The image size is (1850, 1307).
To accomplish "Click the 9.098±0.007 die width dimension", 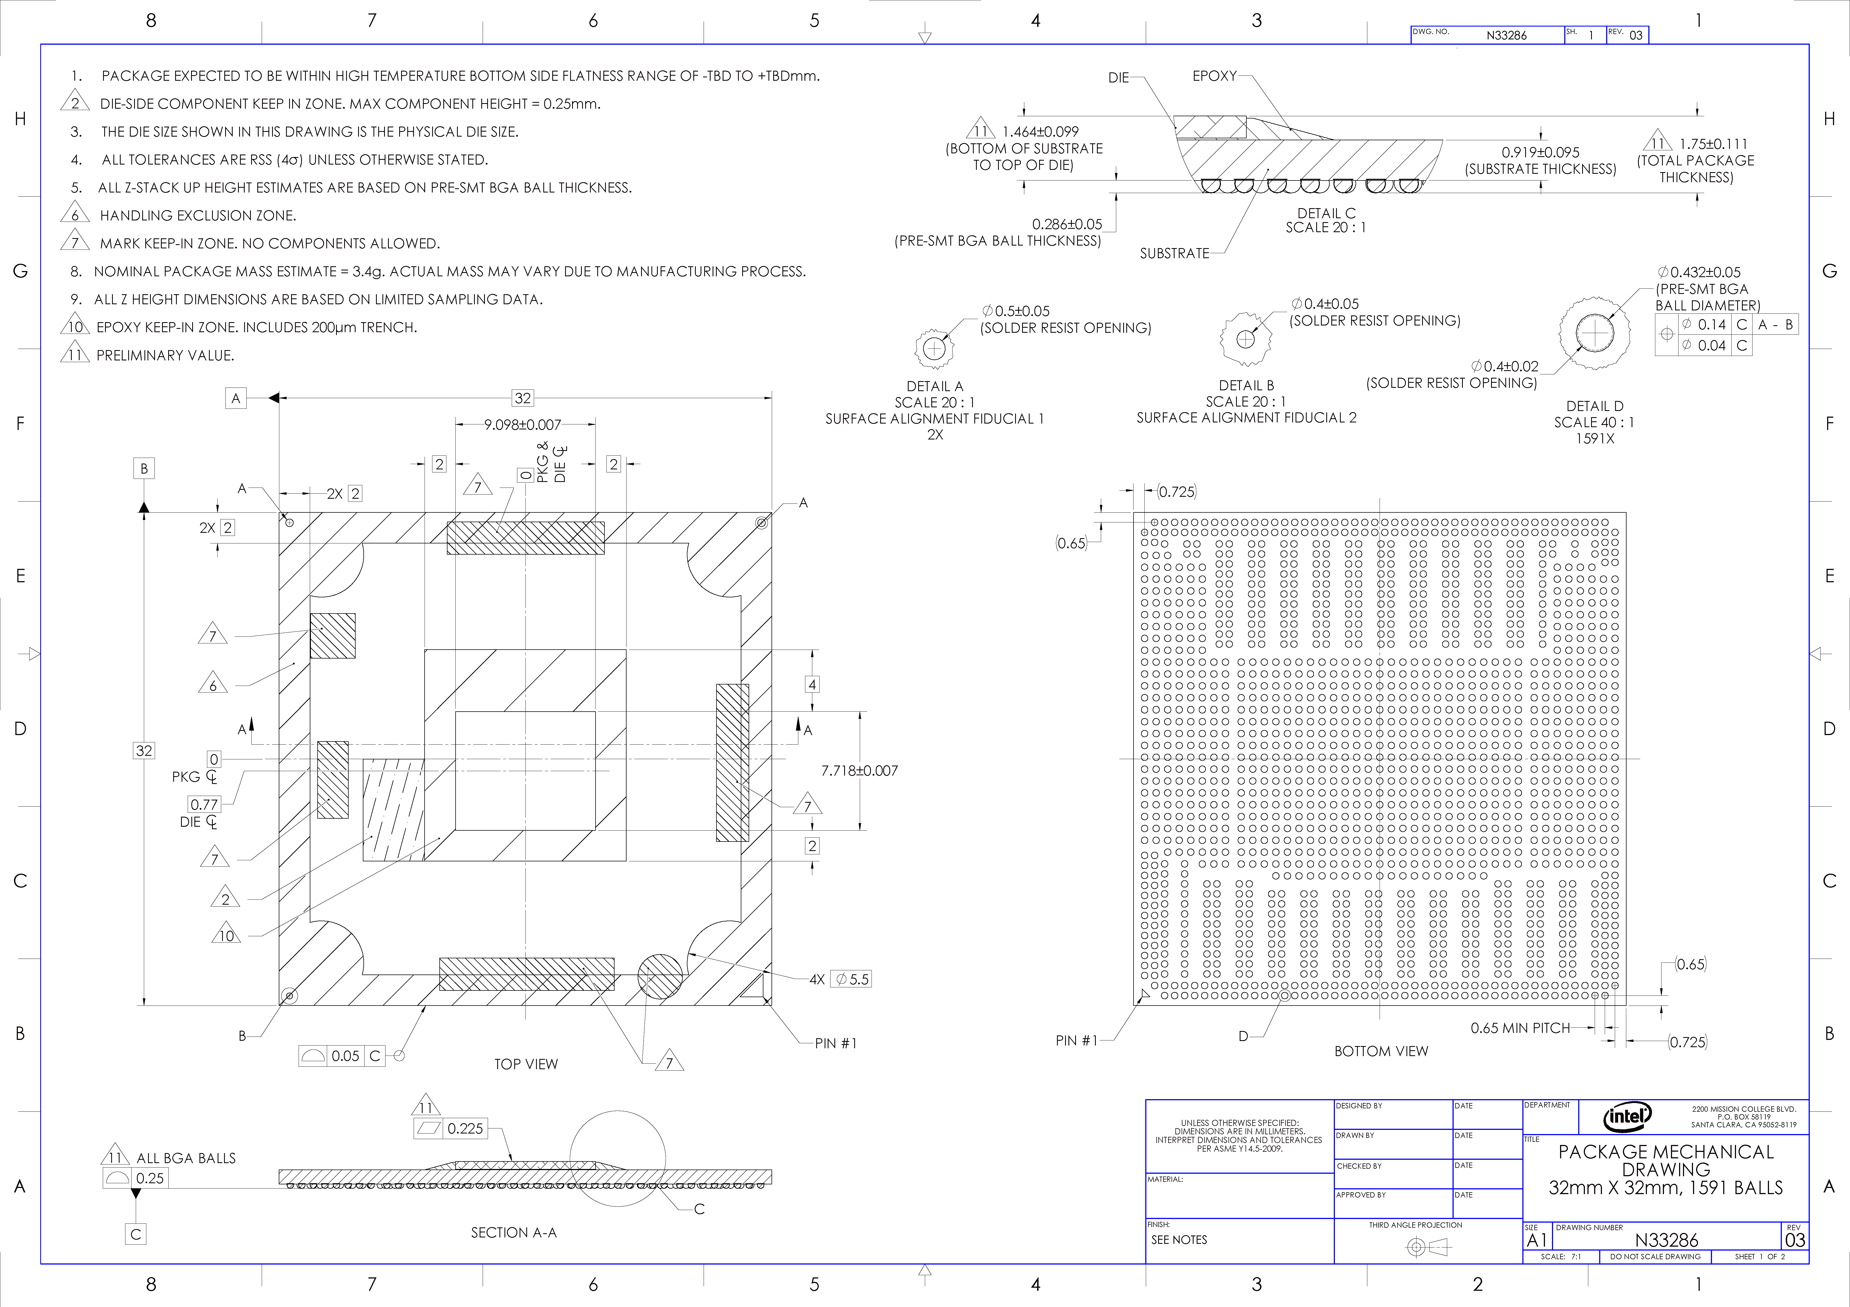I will tap(522, 425).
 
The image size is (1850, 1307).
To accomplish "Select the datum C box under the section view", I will tap(135, 1234).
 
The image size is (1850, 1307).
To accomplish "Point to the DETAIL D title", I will tap(1595, 406).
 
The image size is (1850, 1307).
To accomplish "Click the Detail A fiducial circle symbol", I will tap(934, 349).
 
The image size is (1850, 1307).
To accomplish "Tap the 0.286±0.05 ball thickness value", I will tap(1067, 224).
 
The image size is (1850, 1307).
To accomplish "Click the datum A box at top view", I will tap(235, 398).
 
